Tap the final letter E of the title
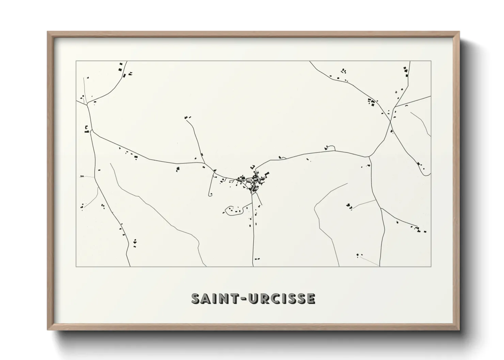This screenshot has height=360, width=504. click(310, 298)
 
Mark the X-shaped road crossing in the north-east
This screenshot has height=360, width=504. click(391, 119)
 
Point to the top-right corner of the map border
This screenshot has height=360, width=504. click(431, 61)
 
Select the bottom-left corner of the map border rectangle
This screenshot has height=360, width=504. click(76, 267)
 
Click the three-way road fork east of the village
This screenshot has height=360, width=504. click(369, 157)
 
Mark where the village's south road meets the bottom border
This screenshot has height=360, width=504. click(253, 266)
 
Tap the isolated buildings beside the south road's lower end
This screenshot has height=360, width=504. click(257, 259)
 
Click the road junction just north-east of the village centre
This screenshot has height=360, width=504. click(256, 169)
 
